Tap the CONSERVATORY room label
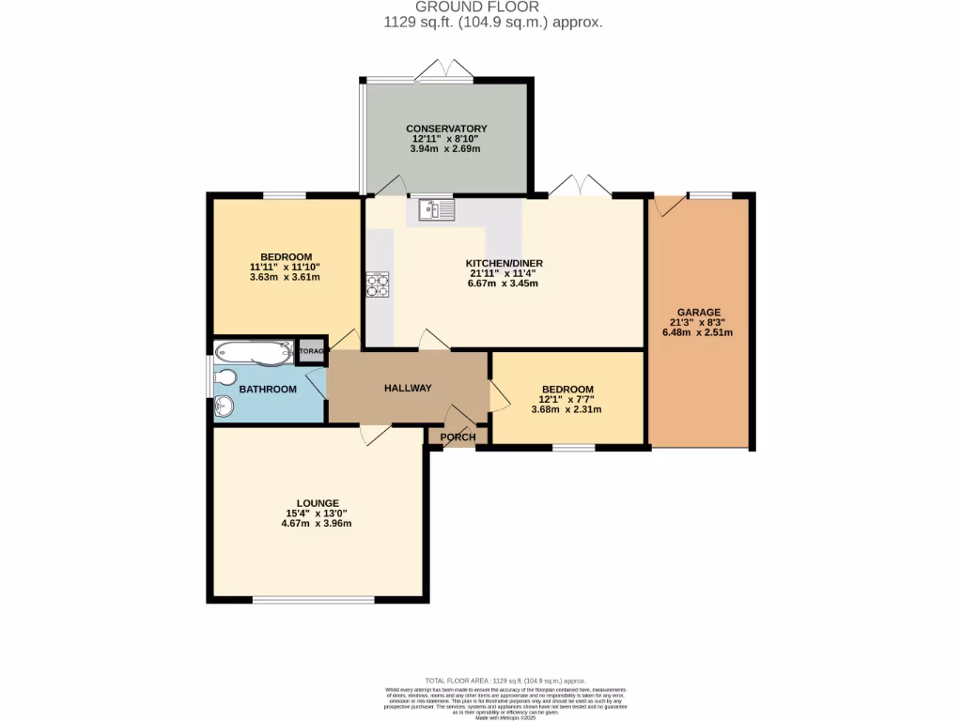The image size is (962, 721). [x=446, y=129]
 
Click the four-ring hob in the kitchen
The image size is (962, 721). [x=378, y=284]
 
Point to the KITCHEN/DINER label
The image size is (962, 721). [x=504, y=263]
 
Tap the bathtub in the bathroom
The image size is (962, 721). [x=252, y=352]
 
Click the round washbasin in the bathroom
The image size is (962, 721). [x=224, y=407]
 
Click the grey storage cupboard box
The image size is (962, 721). [x=311, y=351]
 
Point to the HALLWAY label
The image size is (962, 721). [x=408, y=388]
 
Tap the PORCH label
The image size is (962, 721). [x=459, y=437]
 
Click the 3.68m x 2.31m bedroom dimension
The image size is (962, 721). [x=566, y=408]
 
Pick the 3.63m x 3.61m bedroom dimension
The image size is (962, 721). [x=286, y=277]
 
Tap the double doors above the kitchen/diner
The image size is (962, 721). [x=580, y=186]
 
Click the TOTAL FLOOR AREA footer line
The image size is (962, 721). [x=505, y=681]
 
